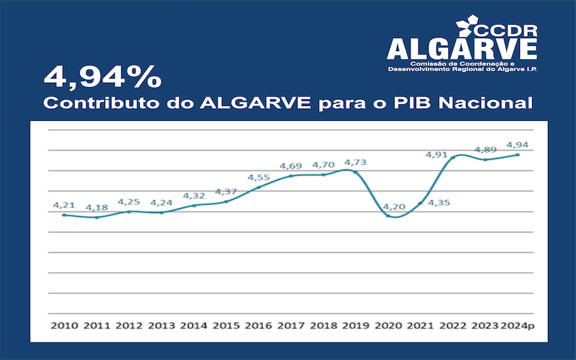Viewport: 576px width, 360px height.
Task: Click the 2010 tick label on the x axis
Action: tap(64, 325)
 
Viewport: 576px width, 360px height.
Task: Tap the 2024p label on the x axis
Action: tap(518, 325)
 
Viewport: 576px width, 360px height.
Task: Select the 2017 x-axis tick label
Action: tap(291, 325)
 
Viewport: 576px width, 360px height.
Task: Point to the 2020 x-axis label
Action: tap(388, 325)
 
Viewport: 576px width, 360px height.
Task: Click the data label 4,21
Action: tap(64, 204)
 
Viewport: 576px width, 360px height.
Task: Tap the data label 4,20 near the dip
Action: tap(395, 207)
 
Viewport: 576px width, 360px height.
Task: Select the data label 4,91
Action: tap(437, 154)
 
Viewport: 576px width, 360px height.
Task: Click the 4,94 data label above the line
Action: tap(518, 145)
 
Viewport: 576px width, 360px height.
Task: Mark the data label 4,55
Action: tap(259, 177)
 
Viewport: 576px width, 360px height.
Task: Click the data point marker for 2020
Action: tap(388, 215)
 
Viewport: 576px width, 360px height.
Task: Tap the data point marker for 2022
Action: tap(453, 157)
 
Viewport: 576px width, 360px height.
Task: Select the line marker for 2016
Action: tap(258, 187)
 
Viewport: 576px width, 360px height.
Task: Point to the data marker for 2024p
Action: tap(518, 155)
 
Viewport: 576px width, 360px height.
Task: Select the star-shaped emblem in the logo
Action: tap(459, 24)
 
